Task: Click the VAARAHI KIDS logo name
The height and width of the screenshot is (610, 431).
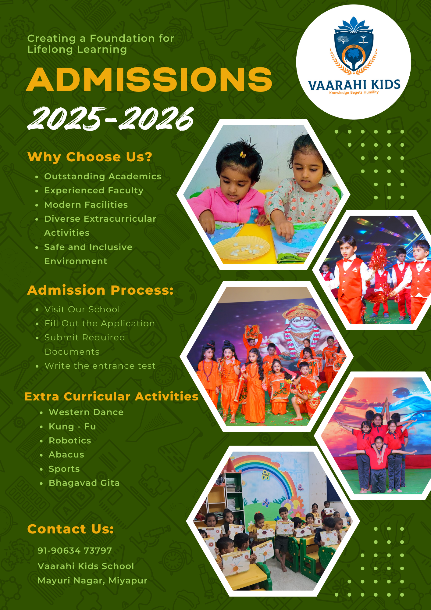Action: [354, 85]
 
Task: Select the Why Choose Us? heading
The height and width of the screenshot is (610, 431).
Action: [90, 157]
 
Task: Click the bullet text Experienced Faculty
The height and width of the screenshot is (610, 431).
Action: [94, 190]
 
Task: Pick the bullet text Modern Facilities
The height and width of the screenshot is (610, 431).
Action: [86, 205]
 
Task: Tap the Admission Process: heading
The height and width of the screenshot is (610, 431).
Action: [100, 290]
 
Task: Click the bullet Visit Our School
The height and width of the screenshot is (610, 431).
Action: [82, 309]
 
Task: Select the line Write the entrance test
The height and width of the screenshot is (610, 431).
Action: [100, 366]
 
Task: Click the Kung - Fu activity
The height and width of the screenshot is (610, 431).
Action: [72, 426]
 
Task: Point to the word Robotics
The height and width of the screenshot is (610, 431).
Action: [70, 440]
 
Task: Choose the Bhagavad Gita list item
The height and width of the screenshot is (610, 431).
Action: [84, 483]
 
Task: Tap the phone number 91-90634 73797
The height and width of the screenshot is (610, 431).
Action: [75, 551]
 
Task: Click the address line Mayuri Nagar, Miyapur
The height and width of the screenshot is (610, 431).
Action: [92, 580]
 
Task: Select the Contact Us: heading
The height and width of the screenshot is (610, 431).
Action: [70, 529]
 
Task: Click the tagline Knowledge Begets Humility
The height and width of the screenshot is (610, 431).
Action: [354, 92]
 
